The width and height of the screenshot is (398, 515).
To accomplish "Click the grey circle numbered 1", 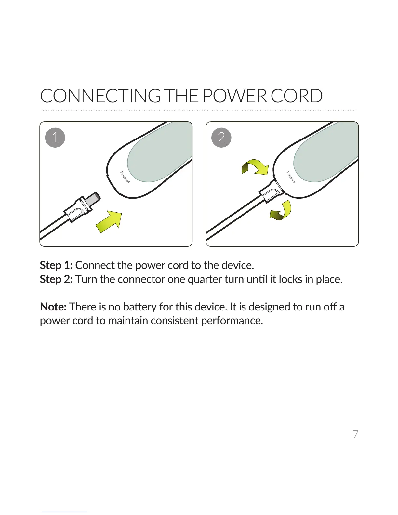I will point(55,138).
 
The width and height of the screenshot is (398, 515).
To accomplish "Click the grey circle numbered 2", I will point(221,138).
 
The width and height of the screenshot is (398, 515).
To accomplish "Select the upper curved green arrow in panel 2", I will point(256,166).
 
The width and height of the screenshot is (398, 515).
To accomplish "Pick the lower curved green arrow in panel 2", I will point(282,211).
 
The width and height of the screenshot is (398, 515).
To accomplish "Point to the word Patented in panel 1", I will point(125,177).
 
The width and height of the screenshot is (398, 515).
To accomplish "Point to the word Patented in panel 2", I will point(291,177).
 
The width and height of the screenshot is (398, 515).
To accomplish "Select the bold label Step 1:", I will point(56,265).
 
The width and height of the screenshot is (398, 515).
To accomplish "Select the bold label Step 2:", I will point(56,279).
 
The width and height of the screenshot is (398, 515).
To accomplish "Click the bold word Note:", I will point(53,307).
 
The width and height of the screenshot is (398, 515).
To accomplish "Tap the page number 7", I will point(356,434).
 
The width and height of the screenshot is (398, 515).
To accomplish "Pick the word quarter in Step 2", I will point(205,280).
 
